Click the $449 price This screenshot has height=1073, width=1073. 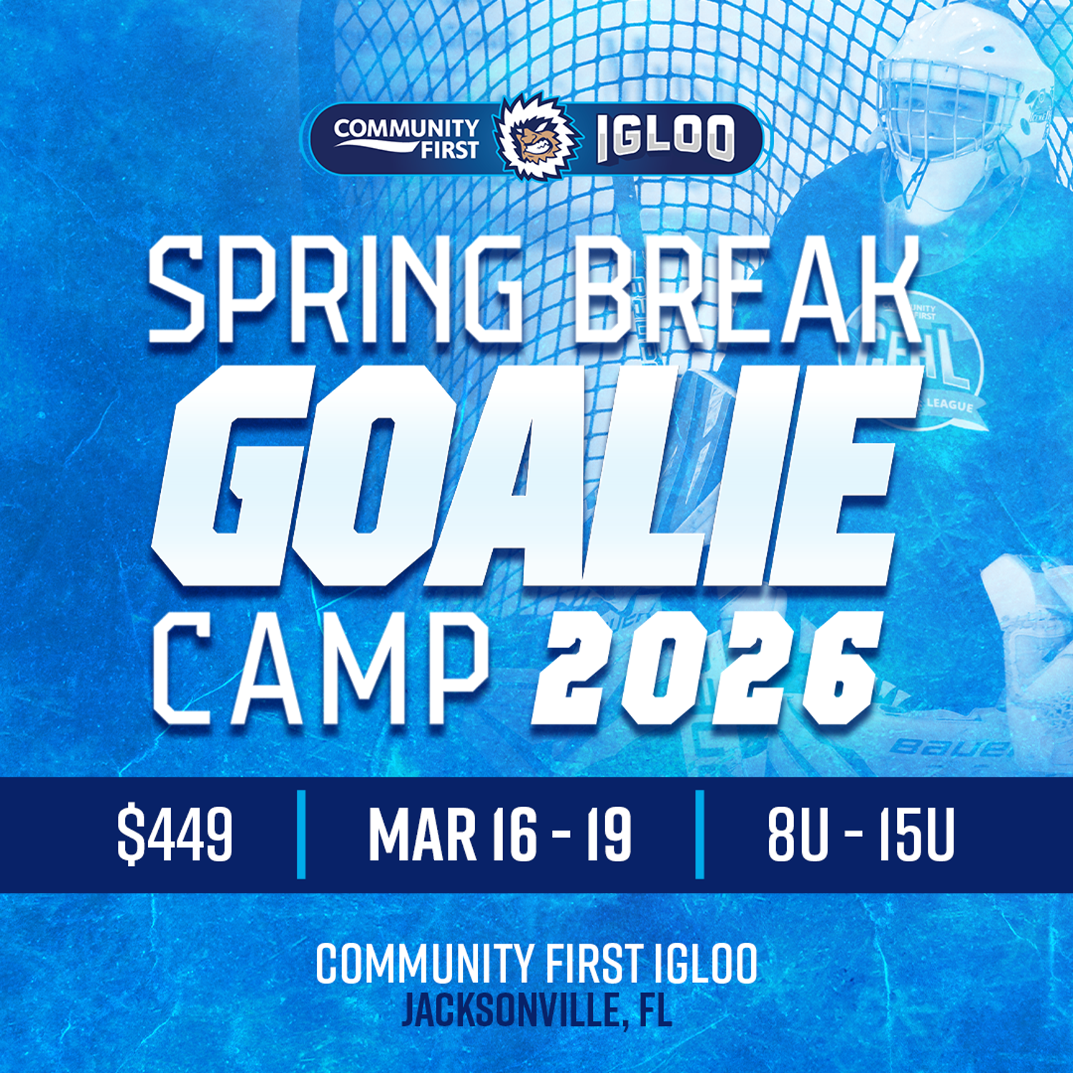(x=175, y=833)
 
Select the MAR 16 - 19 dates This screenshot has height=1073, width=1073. (x=499, y=833)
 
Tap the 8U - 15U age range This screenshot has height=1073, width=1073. (x=861, y=833)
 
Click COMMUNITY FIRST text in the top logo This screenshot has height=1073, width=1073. (x=406, y=138)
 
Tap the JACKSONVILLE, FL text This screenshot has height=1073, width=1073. (x=536, y=1010)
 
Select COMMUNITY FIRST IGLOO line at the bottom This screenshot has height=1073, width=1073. (x=536, y=963)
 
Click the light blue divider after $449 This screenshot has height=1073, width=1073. (x=301, y=834)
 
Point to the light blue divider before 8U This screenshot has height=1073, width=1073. (x=700, y=834)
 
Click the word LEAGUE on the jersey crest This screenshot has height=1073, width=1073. (x=949, y=405)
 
